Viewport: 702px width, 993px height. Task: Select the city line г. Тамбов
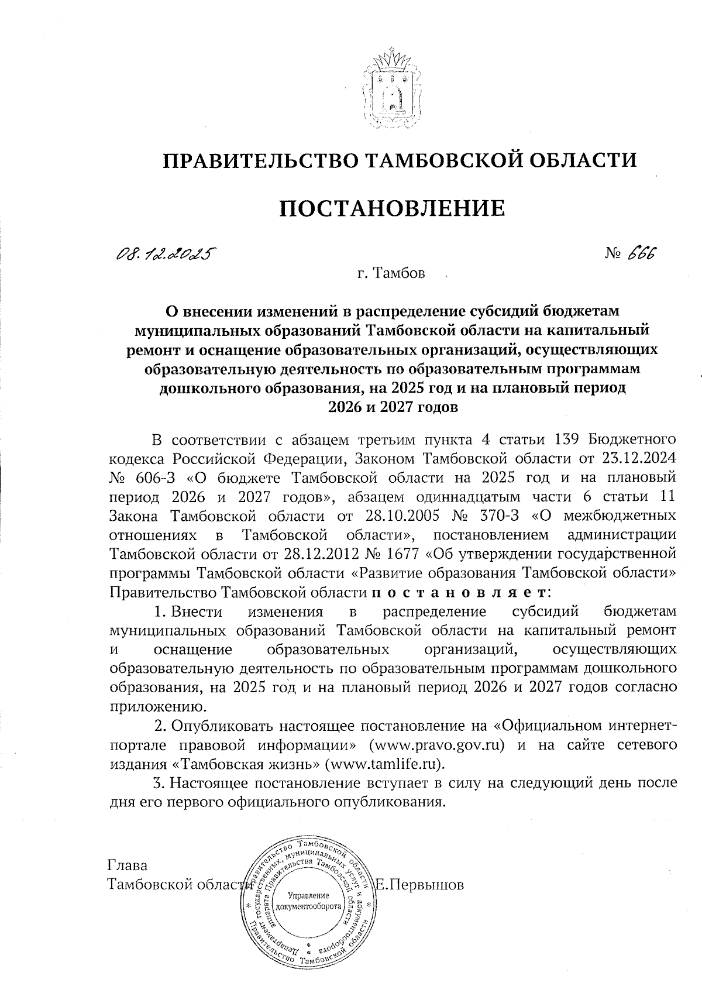(392, 273)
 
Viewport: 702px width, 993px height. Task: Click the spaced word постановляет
(459, 592)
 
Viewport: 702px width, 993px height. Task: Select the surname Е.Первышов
(419, 885)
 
